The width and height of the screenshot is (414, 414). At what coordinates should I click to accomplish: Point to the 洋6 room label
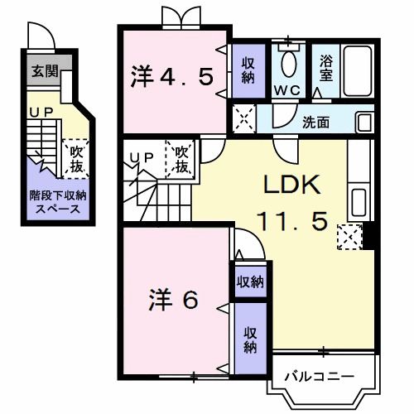coord(174,299)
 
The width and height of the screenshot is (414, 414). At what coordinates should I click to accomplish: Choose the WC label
coord(289,88)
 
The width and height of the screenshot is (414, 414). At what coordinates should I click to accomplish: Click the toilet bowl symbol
coord(288,61)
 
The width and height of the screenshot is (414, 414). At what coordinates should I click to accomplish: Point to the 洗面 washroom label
coord(315,123)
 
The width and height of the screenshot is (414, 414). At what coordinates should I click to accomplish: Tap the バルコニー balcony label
coord(318,377)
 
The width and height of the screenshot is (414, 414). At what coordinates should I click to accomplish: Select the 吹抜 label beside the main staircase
coord(181,158)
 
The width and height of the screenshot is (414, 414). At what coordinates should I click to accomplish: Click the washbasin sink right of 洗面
coord(364,123)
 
